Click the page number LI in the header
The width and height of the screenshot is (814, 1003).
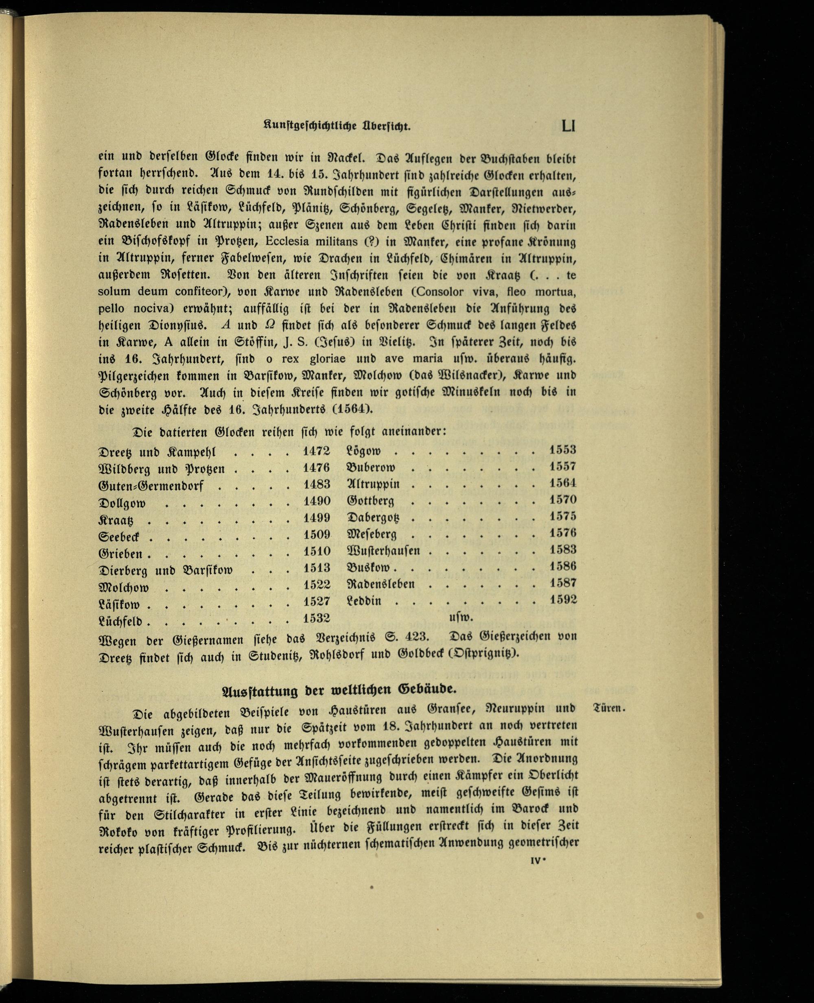(568, 126)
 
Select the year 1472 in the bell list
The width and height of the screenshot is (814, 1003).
(317, 451)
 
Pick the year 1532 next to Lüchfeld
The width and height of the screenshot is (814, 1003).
(317, 618)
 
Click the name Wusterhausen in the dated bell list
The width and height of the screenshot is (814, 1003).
(383, 550)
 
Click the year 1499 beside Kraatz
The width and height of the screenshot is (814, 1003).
(317, 518)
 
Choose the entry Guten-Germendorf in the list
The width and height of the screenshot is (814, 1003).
(151, 486)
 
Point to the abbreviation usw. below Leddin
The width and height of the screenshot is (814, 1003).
(461, 618)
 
